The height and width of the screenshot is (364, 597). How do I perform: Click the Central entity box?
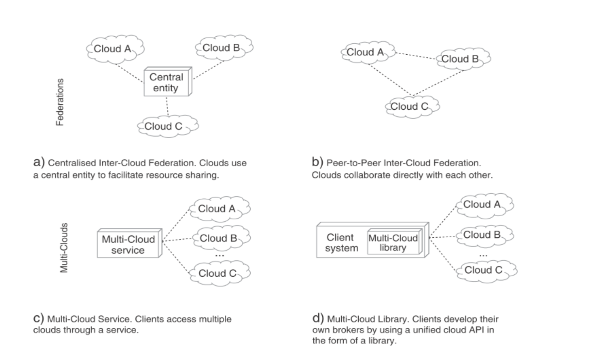click(167, 83)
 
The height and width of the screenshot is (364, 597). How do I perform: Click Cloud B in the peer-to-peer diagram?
click(462, 59)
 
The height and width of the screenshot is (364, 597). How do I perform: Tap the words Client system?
click(341, 242)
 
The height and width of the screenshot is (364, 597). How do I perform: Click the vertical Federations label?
click(60, 102)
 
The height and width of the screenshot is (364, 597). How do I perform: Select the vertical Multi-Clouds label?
click(64, 248)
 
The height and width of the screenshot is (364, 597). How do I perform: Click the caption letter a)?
click(39, 162)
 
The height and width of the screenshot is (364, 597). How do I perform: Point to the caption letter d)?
click(318, 318)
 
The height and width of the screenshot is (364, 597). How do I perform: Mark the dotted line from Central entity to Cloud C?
click(167, 106)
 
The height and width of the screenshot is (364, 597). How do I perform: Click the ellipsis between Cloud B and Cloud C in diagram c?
click(220, 255)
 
